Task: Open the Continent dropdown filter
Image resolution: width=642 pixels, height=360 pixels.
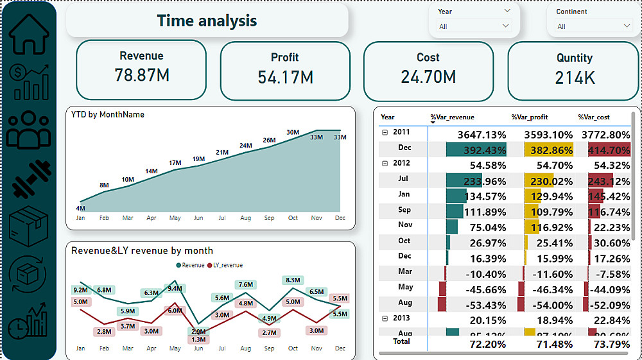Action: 594,26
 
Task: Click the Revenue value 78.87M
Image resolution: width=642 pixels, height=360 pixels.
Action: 142,75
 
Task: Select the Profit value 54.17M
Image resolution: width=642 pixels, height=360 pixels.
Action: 285,77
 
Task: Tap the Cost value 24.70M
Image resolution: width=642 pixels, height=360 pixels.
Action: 428,77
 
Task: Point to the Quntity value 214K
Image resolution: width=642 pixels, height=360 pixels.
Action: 575,78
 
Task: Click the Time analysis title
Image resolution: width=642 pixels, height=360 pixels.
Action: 207,21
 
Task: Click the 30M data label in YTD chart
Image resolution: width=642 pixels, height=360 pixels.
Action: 293,132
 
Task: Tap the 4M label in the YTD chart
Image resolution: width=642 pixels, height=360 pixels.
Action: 80,208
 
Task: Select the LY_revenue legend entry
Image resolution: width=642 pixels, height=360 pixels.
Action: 225,265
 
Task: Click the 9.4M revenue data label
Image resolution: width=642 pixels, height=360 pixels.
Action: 175,289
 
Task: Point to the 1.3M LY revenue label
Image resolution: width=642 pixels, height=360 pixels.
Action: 198,339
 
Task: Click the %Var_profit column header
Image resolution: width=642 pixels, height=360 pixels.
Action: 530,117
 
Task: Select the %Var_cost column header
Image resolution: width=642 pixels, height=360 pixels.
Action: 594,117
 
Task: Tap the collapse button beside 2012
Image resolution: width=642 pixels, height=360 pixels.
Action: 385,164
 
